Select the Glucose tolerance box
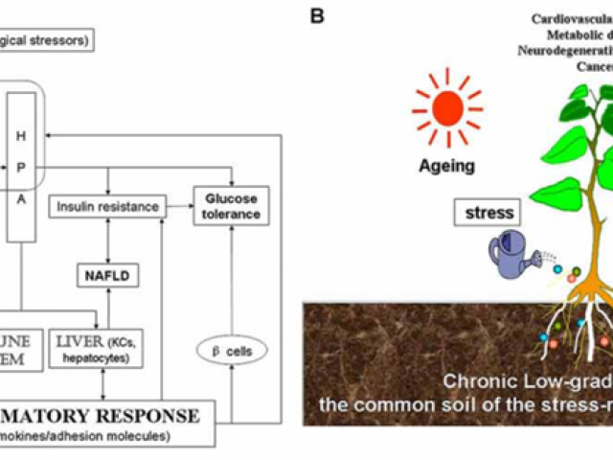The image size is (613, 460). (x=231, y=206)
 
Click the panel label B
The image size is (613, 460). (x=317, y=16)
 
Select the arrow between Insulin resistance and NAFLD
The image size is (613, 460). (x=108, y=243)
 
